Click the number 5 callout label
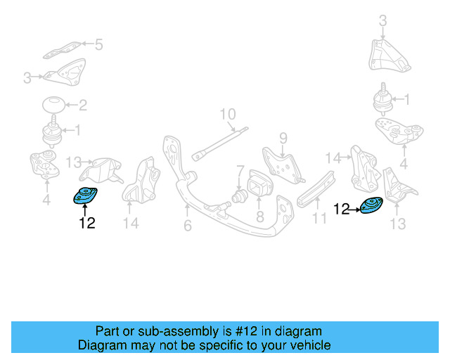pyautogui.click(x=98, y=45)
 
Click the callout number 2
pyautogui.click(x=82, y=106)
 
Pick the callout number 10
pyautogui.click(x=227, y=114)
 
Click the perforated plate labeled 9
pyautogui.click(x=282, y=160)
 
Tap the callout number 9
pyautogui.click(x=283, y=136)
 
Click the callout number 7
pyautogui.click(x=240, y=170)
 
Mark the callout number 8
pyautogui.click(x=259, y=218)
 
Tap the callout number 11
pyautogui.click(x=320, y=218)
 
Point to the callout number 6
pyautogui.click(x=187, y=225)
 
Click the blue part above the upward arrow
pyautogui.click(x=85, y=196)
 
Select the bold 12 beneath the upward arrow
pyautogui.click(x=86, y=224)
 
